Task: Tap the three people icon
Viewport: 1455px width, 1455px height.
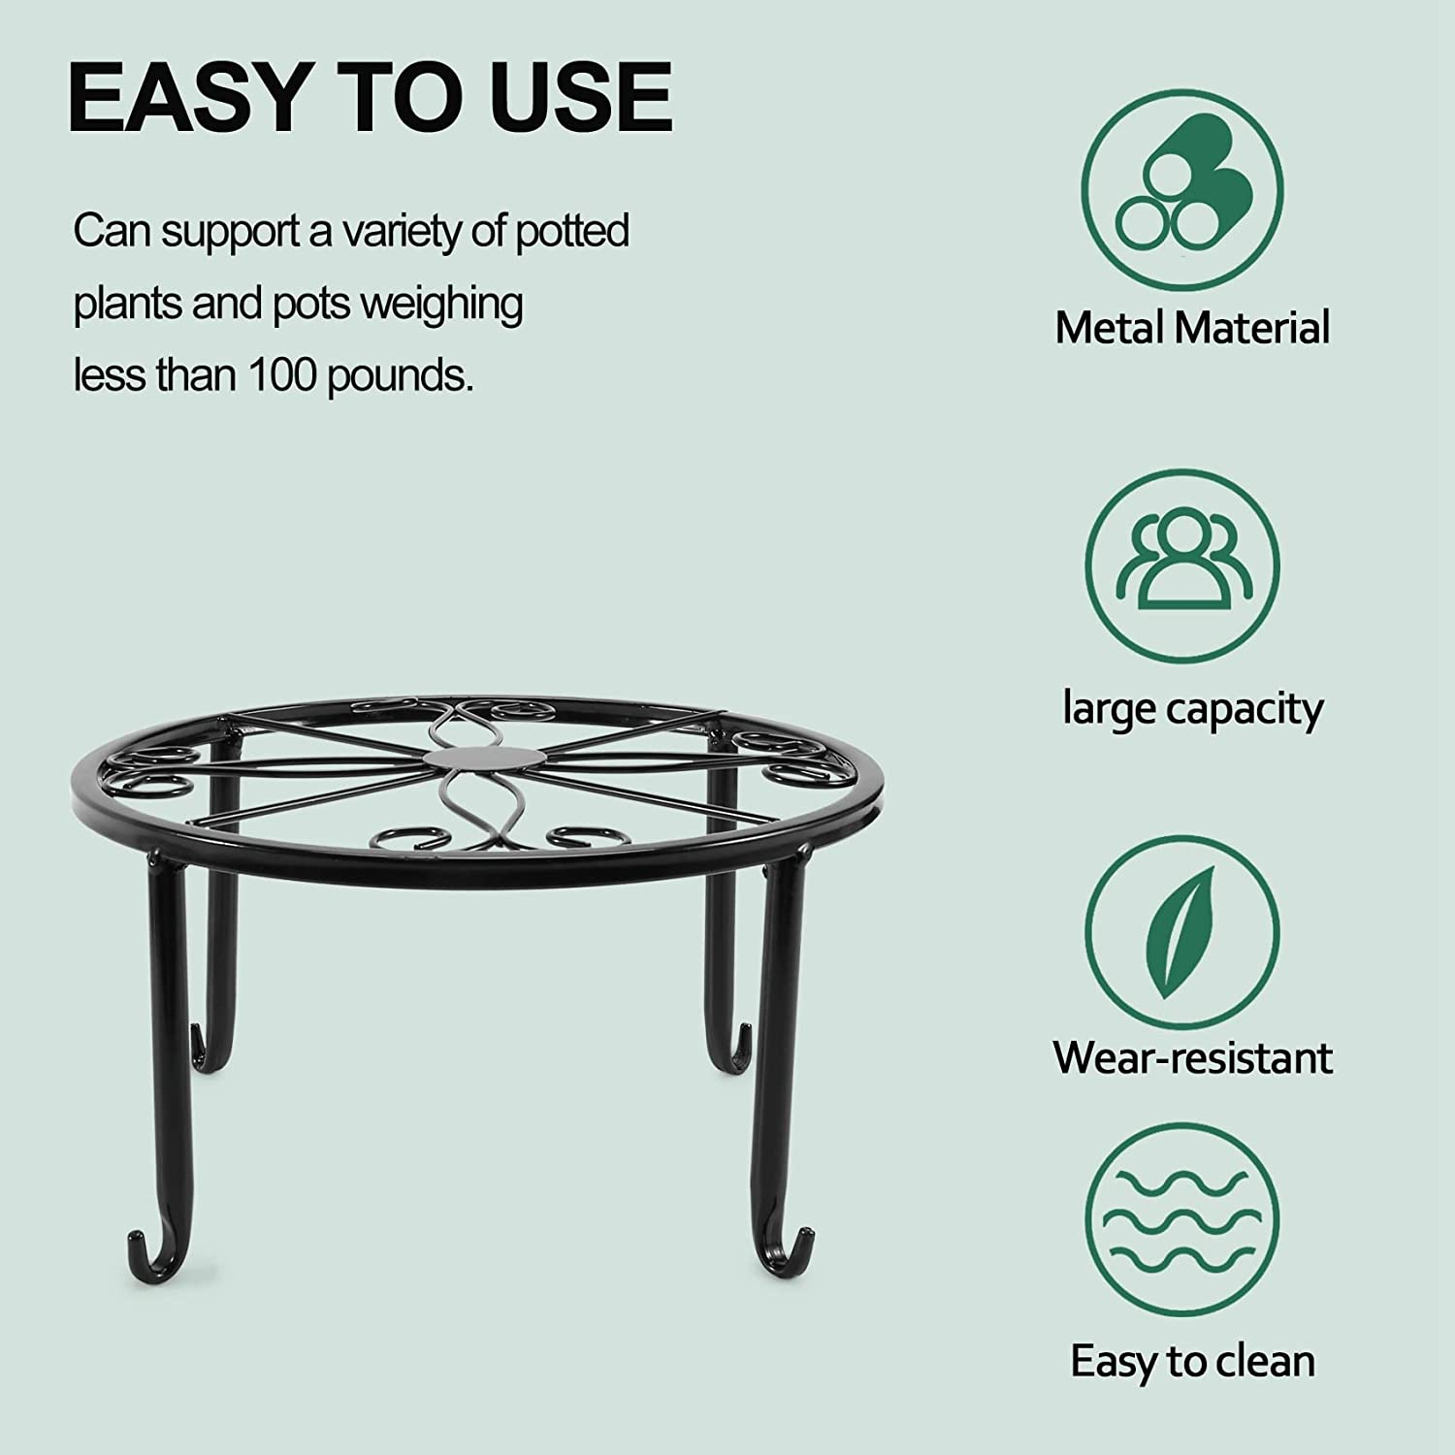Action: [1181, 566]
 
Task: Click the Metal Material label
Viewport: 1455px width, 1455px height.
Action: [1192, 328]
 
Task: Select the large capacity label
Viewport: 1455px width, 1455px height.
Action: [1192, 710]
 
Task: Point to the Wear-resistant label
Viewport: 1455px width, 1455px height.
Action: [1192, 1056]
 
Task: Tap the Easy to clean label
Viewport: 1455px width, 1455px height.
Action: [1192, 1361]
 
